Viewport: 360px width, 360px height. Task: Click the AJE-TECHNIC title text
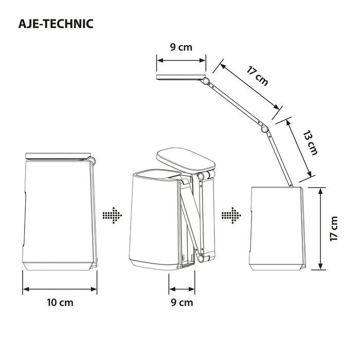[x=55, y=24]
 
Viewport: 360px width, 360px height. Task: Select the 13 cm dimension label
[x=310, y=143]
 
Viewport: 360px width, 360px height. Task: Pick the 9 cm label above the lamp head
[x=181, y=48]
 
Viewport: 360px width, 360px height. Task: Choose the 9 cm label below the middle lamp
[x=182, y=302]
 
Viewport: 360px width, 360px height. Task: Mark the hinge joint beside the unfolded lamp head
[x=206, y=81]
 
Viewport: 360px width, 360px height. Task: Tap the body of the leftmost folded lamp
[x=59, y=211]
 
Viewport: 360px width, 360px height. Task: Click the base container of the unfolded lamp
[x=277, y=229]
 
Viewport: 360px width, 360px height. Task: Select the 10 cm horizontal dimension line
[x=60, y=289]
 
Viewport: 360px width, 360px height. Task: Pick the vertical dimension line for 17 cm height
[x=321, y=229]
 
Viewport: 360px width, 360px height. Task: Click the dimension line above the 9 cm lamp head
[x=181, y=61]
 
